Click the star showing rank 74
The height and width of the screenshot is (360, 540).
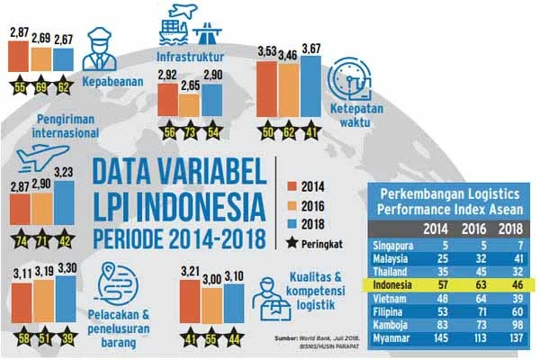click(x=19, y=241)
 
